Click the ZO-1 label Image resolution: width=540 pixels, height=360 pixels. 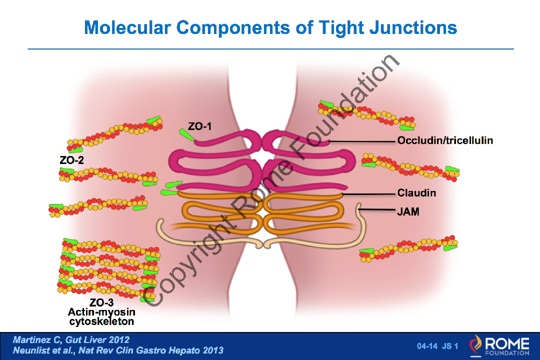coord(200,127)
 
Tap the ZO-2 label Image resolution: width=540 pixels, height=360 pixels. coord(71,160)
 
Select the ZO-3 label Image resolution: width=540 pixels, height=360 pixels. coord(101,302)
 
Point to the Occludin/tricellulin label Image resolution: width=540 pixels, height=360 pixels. coord(445,140)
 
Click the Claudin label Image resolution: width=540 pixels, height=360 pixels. coord(416,192)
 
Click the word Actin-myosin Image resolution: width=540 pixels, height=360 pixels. coord(101,311)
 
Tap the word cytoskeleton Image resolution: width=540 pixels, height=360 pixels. coord(101,321)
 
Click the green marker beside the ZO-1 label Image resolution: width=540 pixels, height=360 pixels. coord(187,135)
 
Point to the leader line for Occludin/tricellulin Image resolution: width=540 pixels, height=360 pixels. coord(362,141)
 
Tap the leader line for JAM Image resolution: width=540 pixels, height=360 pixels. coord(377,210)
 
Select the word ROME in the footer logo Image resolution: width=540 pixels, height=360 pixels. coord(506,343)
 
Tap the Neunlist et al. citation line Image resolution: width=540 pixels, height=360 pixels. coord(118,350)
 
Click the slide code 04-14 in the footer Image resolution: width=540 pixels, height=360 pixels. coord(427,346)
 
